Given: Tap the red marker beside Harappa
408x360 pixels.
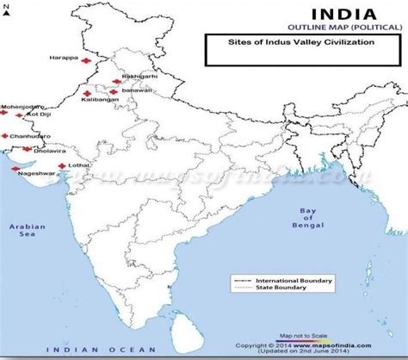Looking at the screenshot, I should pyautogui.click(x=84, y=60).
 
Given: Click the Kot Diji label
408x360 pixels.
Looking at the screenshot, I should pyautogui.click(x=40, y=115).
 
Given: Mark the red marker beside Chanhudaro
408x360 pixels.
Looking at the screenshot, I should pyautogui.click(x=7, y=135).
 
